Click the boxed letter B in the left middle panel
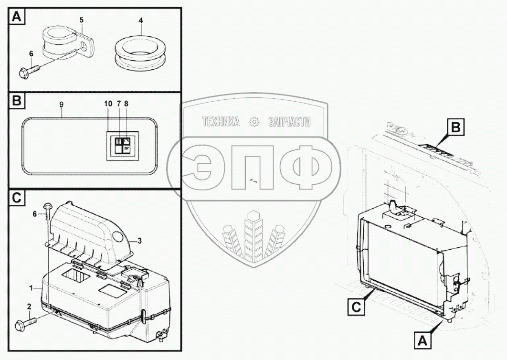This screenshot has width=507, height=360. [x=17, y=102]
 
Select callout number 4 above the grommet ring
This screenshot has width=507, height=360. [x=140, y=21]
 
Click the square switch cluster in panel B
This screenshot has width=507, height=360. [x=122, y=145]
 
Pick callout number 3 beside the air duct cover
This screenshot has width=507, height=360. [x=139, y=241]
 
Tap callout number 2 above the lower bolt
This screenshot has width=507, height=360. [x=29, y=307]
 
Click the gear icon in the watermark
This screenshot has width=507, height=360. [x=253, y=122]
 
